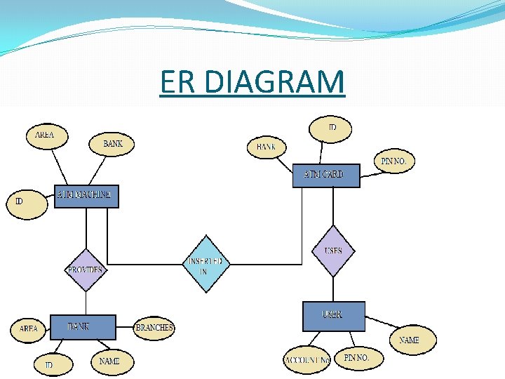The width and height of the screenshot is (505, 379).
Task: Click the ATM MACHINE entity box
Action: (x=86, y=196)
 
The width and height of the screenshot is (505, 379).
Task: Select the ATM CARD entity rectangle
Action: (x=326, y=175)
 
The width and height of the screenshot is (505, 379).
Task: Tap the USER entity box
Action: (x=334, y=316)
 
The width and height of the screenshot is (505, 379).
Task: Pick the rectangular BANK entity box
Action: (x=82, y=327)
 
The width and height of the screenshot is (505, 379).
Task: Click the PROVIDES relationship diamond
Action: (x=86, y=270)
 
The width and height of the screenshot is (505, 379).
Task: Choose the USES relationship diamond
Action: (x=334, y=251)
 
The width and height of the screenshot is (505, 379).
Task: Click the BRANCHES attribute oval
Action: (x=154, y=328)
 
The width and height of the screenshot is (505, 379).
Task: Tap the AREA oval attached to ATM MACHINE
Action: (x=44, y=135)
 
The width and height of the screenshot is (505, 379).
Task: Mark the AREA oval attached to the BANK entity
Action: (x=29, y=328)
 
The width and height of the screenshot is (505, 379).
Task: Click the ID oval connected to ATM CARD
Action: (x=331, y=128)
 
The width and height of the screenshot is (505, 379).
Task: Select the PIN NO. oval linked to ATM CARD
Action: (x=394, y=161)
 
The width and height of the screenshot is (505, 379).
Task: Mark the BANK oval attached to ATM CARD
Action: (x=267, y=147)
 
